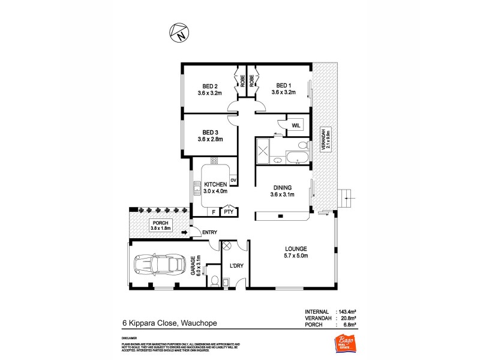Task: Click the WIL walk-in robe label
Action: (296, 125)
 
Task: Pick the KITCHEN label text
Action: (215, 184)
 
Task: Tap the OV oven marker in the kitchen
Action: (233, 179)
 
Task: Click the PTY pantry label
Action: (229, 211)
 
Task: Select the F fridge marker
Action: (213, 211)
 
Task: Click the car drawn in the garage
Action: (155, 264)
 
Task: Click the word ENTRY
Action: (209, 233)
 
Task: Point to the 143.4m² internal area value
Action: (346, 311)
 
